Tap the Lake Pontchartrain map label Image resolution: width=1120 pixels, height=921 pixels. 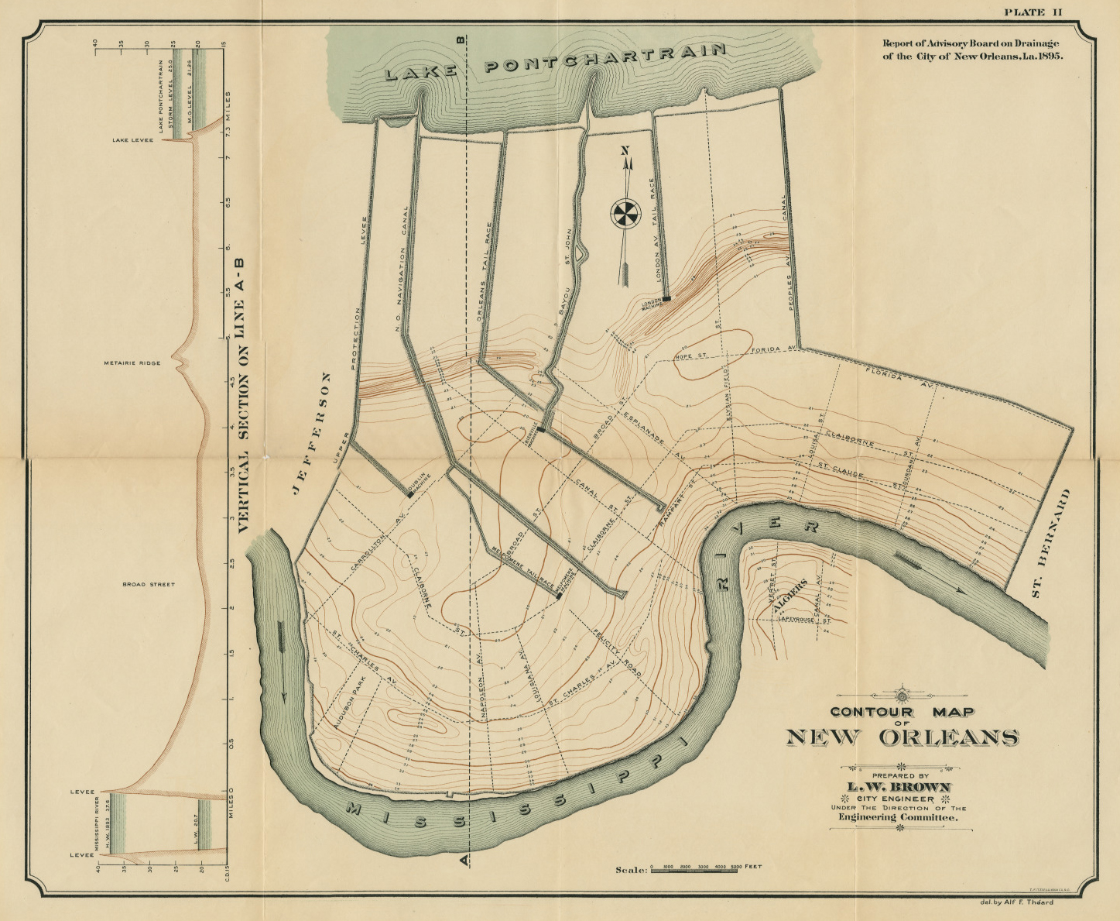555,62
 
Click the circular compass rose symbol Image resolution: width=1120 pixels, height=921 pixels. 625,214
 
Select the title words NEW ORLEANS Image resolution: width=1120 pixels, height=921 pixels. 902,737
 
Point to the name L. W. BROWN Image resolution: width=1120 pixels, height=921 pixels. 902,787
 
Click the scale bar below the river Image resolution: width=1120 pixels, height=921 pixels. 695,871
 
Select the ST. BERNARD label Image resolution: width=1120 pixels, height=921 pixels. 1050,543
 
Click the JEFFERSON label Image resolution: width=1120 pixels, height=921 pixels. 310,432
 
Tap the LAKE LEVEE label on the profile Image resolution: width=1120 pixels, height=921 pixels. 132,140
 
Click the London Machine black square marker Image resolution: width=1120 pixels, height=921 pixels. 666,298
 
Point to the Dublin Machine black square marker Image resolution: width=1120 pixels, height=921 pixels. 410,494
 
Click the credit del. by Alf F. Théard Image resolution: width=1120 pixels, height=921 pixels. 1016,902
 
